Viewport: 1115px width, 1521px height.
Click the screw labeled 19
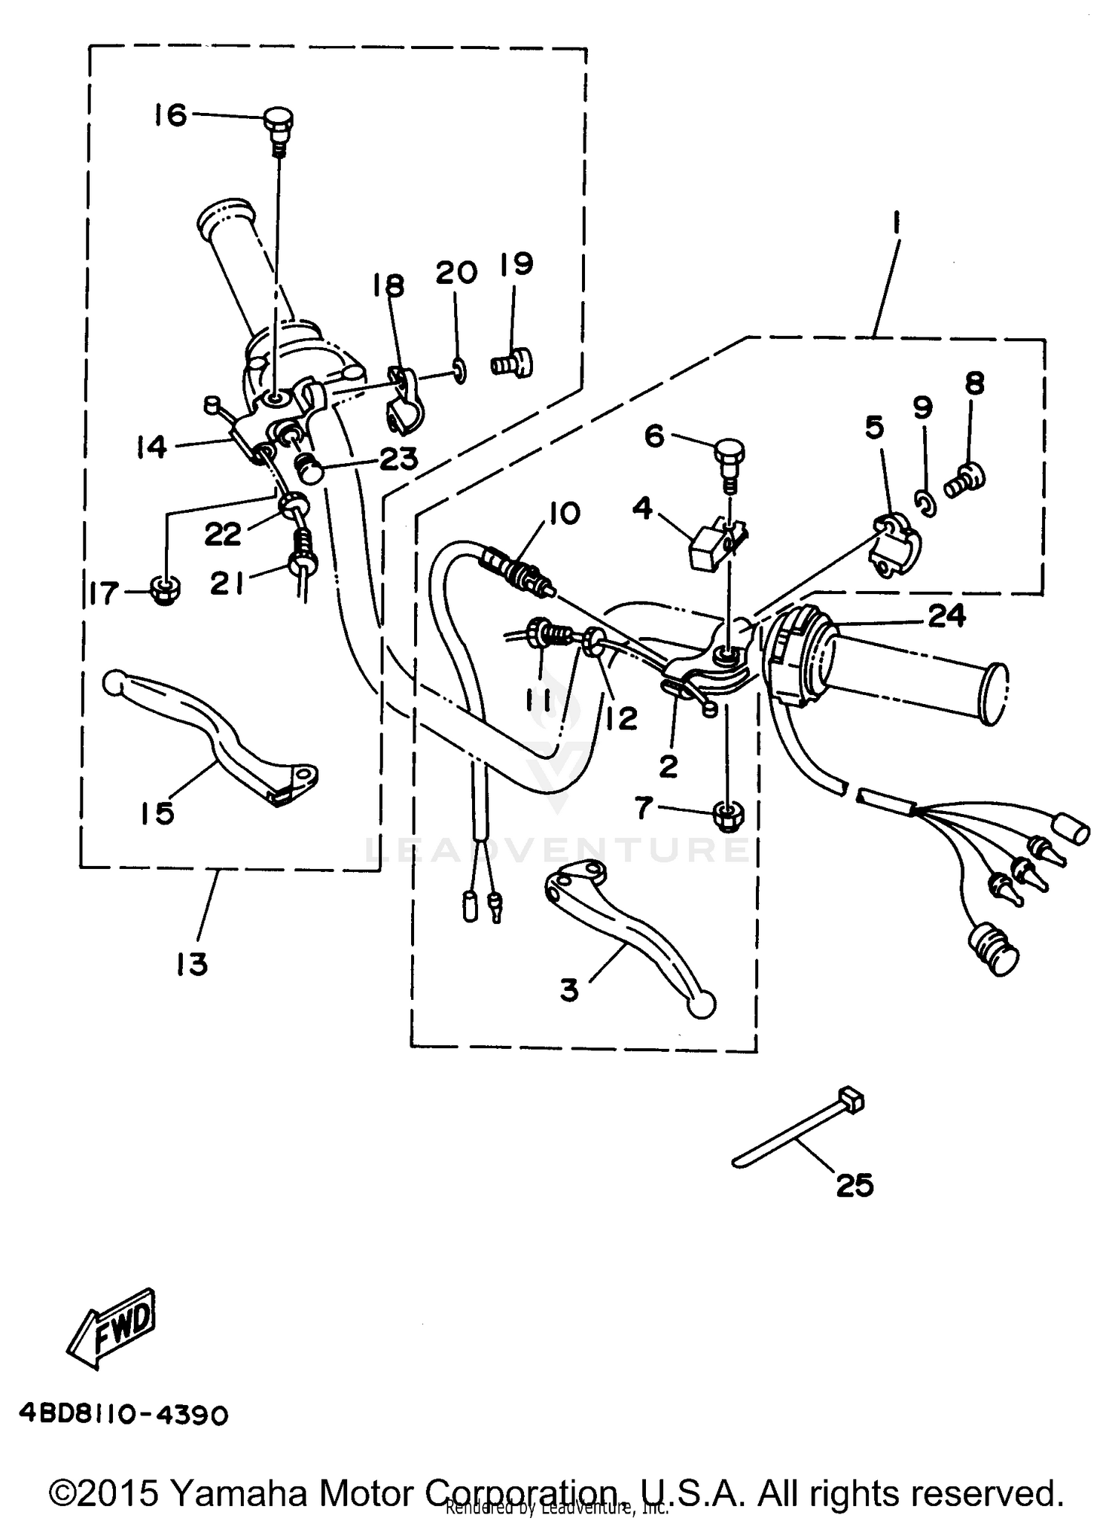(x=514, y=364)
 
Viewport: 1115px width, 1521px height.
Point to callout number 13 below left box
(x=192, y=965)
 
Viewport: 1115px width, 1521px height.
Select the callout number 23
(x=398, y=459)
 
